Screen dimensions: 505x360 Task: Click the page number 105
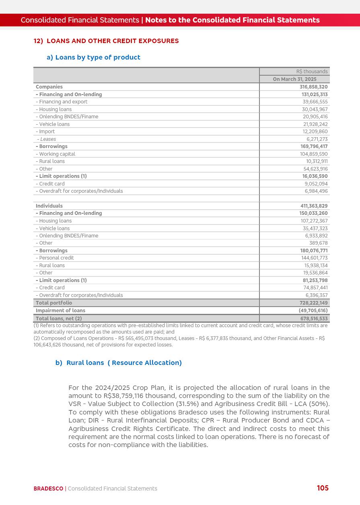pyautogui.click(x=323, y=488)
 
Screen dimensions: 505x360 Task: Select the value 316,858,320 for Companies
pyautogui.click(x=314, y=87)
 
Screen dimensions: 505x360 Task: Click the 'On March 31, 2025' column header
pyautogui.click(x=294, y=79)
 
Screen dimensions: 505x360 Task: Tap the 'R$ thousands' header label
pyautogui.click(x=312, y=72)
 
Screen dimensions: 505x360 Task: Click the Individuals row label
pyautogui.click(x=49, y=206)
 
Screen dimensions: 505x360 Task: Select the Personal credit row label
pyautogui.click(x=56, y=258)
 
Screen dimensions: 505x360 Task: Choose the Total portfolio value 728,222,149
pyautogui.click(x=314, y=303)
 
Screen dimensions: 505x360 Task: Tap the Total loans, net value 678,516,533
pyautogui.click(x=314, y=318)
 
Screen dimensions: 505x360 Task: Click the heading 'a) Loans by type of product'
pyautogui.click(x=93, y=58)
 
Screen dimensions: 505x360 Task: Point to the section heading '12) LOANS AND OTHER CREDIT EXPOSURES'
pyautogui.click(x=106, y=41)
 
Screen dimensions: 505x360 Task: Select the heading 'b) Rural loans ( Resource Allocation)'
pyautogui.click(x=119, y=363)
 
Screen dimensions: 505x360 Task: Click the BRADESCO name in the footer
pyautogui.click(x=48, y=489)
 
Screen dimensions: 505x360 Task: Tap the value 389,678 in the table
pyautogui.click(x=318, y=243)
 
